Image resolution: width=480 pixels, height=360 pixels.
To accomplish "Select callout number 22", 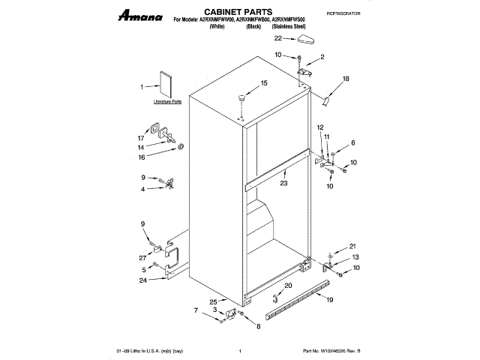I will click(277, 37).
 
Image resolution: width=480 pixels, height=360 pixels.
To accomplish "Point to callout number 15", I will click(264, 82).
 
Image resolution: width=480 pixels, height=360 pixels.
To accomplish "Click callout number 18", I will click(346, 79).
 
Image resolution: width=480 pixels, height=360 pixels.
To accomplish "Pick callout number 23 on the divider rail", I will click(284, 183).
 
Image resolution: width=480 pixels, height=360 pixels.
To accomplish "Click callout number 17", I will click(140, 138).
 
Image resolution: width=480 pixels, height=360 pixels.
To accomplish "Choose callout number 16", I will click(140, 157).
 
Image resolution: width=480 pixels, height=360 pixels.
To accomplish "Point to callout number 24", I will click(142, 280).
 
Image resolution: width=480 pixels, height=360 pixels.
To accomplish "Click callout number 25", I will click(192, 301).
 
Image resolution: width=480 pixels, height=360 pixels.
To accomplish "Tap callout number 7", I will click(196, 310).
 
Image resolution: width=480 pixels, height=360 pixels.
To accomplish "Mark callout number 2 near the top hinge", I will click(322, 57).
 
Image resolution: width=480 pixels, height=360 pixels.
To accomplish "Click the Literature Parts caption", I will click(167, 100).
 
